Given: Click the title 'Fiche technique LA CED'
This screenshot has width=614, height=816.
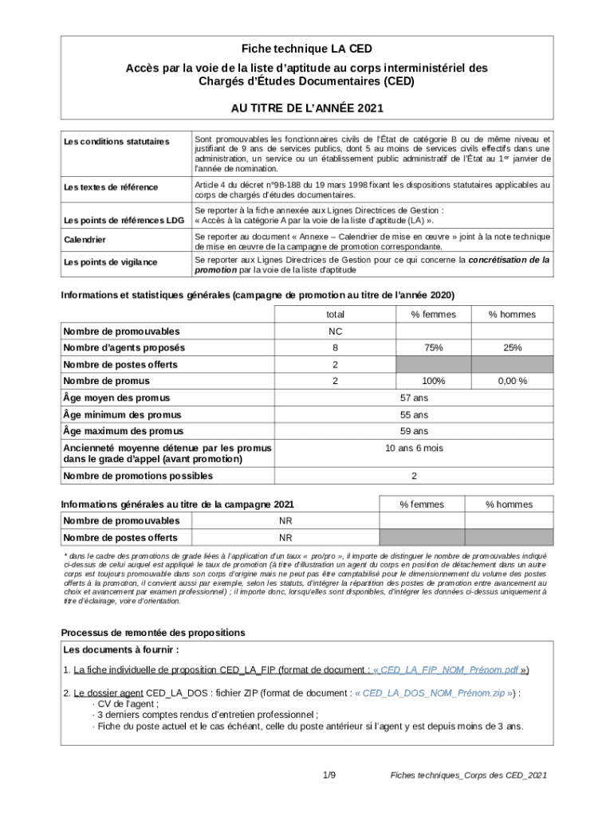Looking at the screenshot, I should tap(307, 49).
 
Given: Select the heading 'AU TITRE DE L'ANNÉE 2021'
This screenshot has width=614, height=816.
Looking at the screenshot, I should tap(307, 108).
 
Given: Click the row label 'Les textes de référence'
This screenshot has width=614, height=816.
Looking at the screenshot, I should tap(110, 187).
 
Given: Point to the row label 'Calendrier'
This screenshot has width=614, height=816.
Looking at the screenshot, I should tap(85, 240).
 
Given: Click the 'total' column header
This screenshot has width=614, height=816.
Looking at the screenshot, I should tap(335, 315).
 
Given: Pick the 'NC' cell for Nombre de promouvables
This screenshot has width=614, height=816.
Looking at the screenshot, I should tap(335, 331).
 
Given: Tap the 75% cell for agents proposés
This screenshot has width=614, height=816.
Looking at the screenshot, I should tap(433, 348).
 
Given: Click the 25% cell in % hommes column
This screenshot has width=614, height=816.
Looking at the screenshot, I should tap(512, 348).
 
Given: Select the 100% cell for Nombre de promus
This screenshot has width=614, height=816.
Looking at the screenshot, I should tap(433, 382).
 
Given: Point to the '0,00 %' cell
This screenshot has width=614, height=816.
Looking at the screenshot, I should tap(512, 382).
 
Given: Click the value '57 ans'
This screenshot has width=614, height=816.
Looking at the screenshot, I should tap(414, 398).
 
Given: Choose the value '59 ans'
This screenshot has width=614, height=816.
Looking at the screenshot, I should tap(414, 431).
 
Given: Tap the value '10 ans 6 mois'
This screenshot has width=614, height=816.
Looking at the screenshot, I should tap(414, 449).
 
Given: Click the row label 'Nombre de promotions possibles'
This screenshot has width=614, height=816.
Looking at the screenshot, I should tap(137, 477).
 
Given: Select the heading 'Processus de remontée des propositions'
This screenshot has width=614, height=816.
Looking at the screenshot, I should tap(153, 633).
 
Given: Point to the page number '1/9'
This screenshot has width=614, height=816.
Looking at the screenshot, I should tap(329, 775).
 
